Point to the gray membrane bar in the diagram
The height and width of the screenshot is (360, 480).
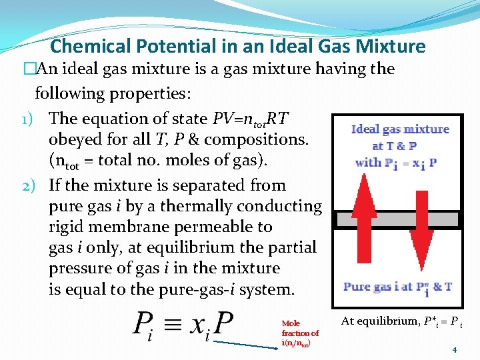[x=397, y=220]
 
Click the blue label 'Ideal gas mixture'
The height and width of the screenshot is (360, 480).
[x=400, y=129]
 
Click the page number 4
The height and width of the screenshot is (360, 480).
[x=454, y=349]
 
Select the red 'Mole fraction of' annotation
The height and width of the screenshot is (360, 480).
[x=299, y=328]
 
